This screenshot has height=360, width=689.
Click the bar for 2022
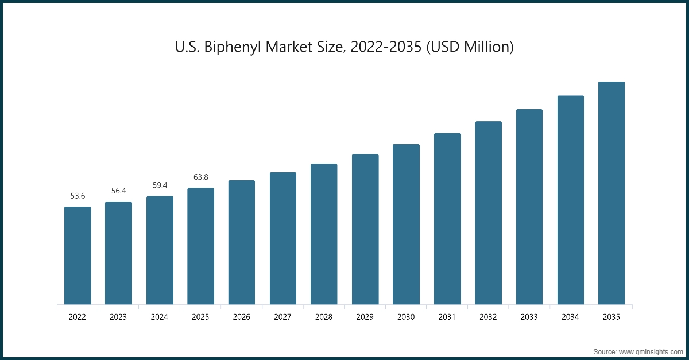click(x=78, y=256)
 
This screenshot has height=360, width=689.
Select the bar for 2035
click(x=611, y=193)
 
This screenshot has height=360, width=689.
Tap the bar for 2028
click(x=324, y=234)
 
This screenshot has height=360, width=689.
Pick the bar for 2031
click(x=447, y=219)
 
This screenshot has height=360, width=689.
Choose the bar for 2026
click(x=242, y=242)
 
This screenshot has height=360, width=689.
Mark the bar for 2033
click(x=529, y=207)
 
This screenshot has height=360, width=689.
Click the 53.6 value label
click(x=78, y=196)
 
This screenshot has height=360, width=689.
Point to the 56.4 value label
click(x=118, y=191)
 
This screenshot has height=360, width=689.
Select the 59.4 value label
click(x=160, y=185)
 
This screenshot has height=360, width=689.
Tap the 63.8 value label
click(x=200, y=177)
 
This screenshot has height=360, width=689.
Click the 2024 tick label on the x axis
click(x=160, y=316)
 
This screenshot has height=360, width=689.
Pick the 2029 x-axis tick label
click(x=365, y=316)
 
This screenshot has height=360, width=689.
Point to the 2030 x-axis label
click(x=406, y=316)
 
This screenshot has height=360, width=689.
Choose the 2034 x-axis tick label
click(x=571, y=316)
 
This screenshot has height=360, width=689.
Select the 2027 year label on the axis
click(x=283, y=316)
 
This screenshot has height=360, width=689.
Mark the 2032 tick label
click(x=489, y=316)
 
